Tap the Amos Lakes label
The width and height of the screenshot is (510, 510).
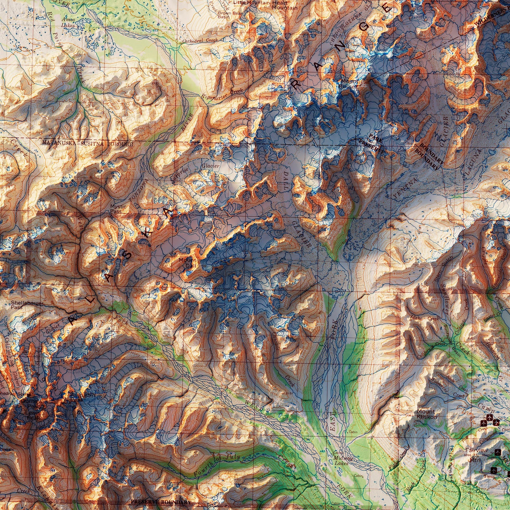click(x=68, y=23)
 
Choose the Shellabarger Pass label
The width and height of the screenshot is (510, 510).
click(x=27, y=305)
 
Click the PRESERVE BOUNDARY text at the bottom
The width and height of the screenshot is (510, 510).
click(x=161, y=502)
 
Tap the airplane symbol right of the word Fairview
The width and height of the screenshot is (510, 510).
click(x=498, y=451)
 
